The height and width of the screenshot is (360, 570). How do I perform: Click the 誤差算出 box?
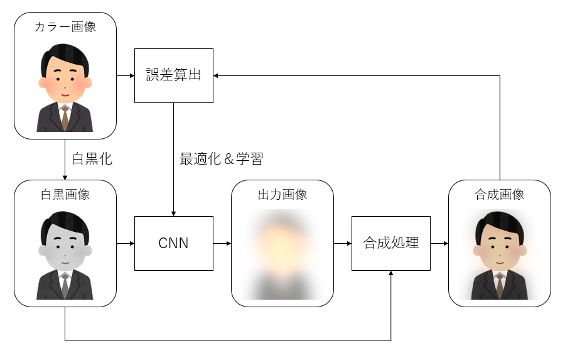(174, 75)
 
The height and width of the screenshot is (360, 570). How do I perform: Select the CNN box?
(174, 243)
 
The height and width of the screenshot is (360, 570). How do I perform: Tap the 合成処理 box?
(390, 243)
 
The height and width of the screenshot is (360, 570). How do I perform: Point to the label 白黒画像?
(65, 194)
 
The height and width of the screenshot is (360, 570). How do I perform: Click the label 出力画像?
(282, 194)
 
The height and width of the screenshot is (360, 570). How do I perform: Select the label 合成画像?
(499, 194)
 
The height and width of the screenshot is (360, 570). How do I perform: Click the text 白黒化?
(92, 159)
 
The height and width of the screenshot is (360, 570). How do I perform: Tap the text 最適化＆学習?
(221, 159)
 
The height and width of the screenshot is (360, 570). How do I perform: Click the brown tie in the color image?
(65, 117)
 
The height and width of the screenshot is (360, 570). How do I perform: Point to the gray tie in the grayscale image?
(65, 286)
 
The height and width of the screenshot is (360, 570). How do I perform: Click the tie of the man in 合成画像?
(499, 286)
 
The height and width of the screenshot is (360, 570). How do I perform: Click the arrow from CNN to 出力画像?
(222, 243)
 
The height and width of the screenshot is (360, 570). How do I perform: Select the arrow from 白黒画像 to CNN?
(126, 243)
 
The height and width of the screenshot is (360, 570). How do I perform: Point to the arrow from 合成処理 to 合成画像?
(439, 243)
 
